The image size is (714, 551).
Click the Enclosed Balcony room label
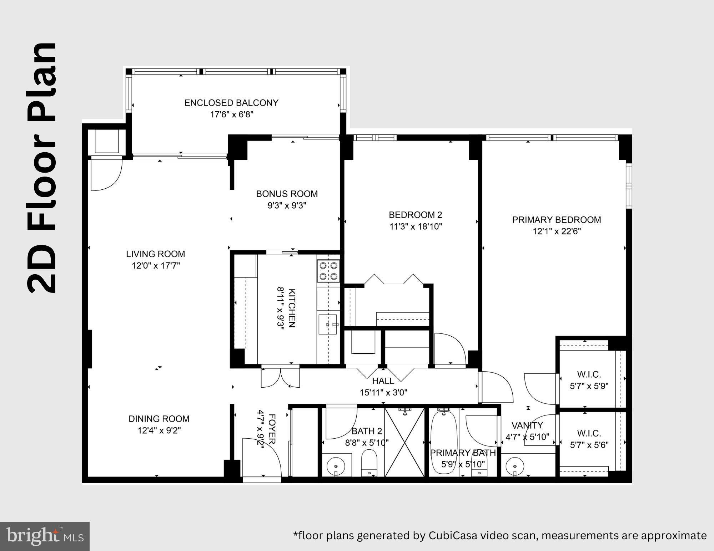click(231, 103)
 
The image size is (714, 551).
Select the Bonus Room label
click(287, 194)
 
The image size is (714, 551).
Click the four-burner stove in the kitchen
click(328, 271)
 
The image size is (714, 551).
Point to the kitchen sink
click(328, 324)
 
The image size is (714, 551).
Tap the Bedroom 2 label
click(415, 215)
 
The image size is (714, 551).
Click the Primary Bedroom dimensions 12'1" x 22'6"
click(557, 231)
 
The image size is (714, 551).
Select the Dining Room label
click(159, 419)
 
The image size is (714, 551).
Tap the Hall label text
click(383, 381)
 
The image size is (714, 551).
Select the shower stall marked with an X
click(404, 442)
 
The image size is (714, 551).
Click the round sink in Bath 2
click(336, 466)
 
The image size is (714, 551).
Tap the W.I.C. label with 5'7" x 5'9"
click(589, 374)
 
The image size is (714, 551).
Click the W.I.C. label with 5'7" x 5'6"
click(589, 433)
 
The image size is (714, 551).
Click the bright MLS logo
click(45, 536)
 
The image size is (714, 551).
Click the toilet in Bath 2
click(369, 462)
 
